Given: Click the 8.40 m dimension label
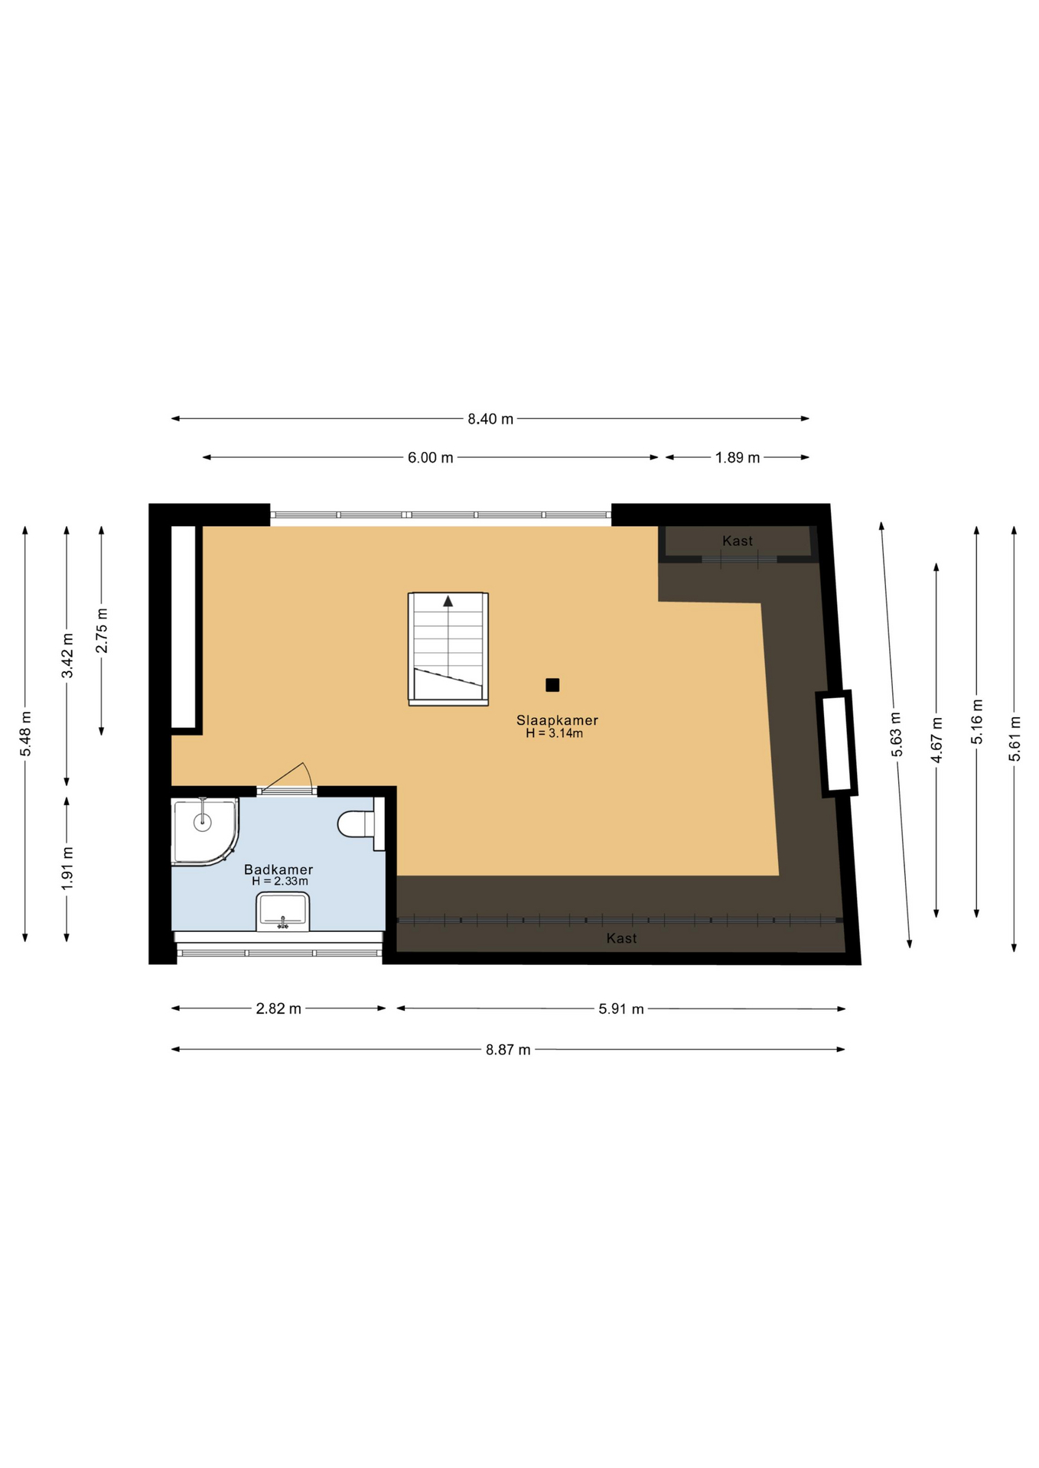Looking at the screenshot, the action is pyautogui.click(x=490, y=419).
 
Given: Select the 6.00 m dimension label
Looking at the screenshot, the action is pyautogui.click(x=430, y=458).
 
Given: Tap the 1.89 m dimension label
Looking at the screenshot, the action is pyautogui.click(x=738, y=458).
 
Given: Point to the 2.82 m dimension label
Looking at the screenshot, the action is pyautogui.click(x=278, y=1008).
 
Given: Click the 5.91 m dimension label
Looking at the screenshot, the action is pyautogui.click(x=621, y=1009).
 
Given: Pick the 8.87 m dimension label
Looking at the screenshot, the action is pyautogui.click(x=508, y=1050).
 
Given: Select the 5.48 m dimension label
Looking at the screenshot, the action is pyautogui.click(x=25, y=734).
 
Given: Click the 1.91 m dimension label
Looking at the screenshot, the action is pyautogui.click(x=67, y=869).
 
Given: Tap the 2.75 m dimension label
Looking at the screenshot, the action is pyautogui.click(x=102, y=631).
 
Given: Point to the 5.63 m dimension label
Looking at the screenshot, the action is pyautogui.click(x=897, y=735).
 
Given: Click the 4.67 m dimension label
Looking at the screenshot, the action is pyautogui.click(x=936, y=740).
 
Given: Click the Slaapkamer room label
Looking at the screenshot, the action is pyautogui.click(x=557, y=720).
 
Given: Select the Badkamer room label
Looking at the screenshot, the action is pyautogui.click(x=278, y=869).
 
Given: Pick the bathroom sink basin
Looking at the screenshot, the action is pyautogui.click(x=283, y=911).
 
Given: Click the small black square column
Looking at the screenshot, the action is pyautogui.click(x=552, y=685).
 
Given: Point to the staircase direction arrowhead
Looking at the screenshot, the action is pyautogui.click(x=448, y=601).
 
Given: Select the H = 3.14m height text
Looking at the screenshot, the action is pyautogui.click(x=554, y=734).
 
